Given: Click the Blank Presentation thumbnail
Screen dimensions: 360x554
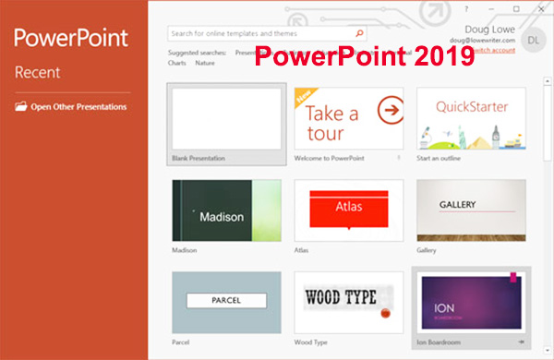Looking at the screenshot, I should pos(226,118).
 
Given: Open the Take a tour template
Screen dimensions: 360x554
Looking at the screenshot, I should pos(348,118).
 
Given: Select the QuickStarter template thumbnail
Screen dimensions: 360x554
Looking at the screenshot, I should pos(471,118).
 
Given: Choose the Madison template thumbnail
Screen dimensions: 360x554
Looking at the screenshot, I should pos(226,210).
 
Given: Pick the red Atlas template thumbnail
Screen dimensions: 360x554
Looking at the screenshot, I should pos(348,210).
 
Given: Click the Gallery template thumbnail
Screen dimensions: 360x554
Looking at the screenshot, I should pos(471,210).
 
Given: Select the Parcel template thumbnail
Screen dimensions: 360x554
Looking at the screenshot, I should pos(226,302).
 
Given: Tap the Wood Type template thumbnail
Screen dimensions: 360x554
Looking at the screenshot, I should pos(348,302).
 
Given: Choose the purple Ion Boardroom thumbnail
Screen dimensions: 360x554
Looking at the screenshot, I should pos(471,302).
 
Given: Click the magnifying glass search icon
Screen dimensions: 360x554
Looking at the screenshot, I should pos(359,34).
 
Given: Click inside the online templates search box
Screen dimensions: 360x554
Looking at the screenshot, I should pos(259,34).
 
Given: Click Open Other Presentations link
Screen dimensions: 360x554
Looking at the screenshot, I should pos(78,106).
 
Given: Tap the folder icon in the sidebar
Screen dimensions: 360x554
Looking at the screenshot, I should pos(21,106).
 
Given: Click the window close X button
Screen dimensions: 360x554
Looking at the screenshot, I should pos(540,8).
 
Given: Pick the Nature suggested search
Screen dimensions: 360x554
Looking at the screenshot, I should pos(204,64).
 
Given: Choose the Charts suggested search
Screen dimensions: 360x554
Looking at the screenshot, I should pos(177,64).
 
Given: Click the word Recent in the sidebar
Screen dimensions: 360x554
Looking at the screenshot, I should pos(37,72).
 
